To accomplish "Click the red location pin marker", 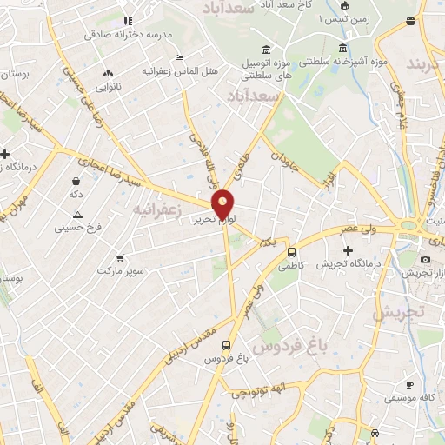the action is click(224, 203).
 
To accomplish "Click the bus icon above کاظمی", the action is click(290, 251).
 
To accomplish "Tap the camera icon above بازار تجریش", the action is click(425, 259).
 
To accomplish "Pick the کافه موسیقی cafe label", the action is click(413, 398).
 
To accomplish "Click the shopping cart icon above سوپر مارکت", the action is click(119, 257).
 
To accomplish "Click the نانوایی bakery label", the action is click(108, 88).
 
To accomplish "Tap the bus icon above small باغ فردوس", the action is click(227, 344).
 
